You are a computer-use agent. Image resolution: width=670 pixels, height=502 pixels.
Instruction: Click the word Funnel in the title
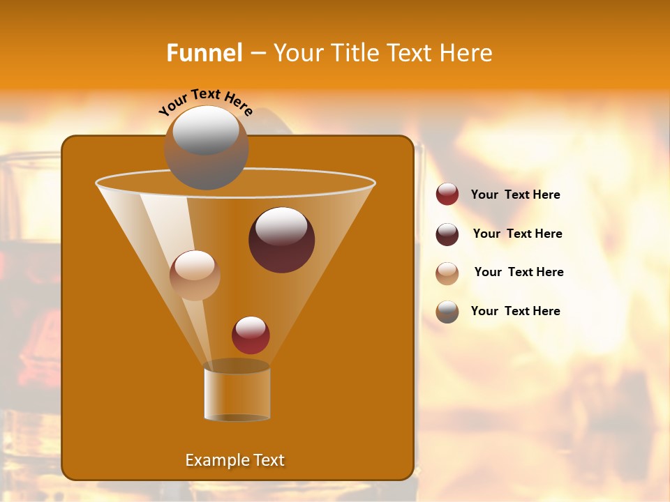(x=204, y=53)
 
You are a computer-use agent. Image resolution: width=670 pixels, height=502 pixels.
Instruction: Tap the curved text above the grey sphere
(x=206, y=101)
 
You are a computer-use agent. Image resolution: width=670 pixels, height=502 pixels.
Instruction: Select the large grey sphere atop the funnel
(x=206, y=148)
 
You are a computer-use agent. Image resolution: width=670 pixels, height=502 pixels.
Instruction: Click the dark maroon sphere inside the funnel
(x=281, y=241)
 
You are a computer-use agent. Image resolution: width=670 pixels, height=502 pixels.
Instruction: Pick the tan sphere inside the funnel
(x=195, y=275)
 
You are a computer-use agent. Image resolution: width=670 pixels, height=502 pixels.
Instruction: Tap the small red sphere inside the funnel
(x=251, y=335)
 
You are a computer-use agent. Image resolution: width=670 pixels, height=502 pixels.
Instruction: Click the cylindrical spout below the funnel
(x=237, y=393)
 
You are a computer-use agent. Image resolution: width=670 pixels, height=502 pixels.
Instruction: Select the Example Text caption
(x=235, y=460)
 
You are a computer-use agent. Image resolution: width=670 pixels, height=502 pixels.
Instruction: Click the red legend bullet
(x=447, y=195)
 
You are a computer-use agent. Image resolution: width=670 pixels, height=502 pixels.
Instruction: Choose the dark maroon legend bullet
(x=447, y=234)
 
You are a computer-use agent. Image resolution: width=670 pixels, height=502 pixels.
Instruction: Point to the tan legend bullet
(x=447, y=273)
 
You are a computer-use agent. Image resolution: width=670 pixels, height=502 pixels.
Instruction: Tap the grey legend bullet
(x=447, y=312)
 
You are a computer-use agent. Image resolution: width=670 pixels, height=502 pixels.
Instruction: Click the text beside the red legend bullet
(x=515, y=195)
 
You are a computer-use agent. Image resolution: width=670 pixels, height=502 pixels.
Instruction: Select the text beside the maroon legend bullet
(x=517, y=234)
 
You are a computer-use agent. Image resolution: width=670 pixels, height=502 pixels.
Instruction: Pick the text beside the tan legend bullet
(x=519, y=273)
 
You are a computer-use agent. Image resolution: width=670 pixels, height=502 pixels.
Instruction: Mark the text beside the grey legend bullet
(x=515, y=312)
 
